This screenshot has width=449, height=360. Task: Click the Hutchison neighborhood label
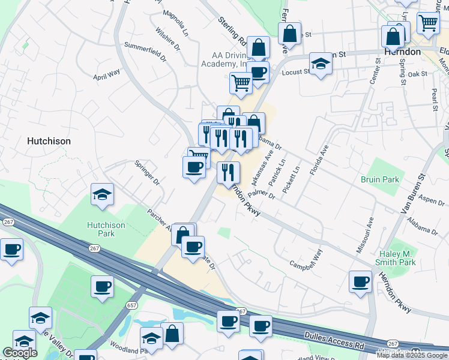coord(49,141)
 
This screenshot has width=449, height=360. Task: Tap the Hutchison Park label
coord(106,229)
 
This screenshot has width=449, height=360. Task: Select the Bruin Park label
coord(380,179)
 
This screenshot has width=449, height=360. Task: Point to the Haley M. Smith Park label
coord(395,259)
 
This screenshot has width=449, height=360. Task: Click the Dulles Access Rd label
coord(334,340)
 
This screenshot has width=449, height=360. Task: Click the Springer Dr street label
coord(146,172)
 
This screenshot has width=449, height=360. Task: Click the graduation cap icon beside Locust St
coord(321,64)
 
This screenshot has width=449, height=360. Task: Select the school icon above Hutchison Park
coord(103,195)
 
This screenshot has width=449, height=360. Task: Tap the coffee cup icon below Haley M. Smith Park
coord(361,281)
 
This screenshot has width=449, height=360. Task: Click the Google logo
coord(20,353)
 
